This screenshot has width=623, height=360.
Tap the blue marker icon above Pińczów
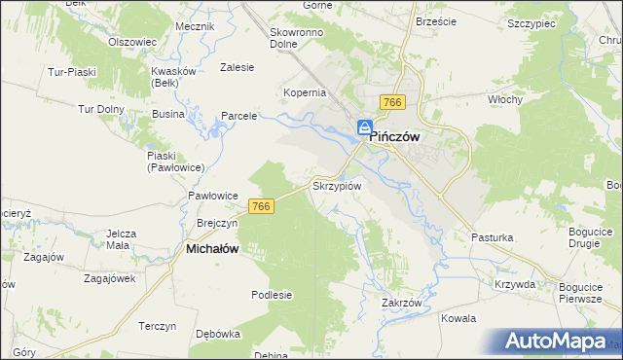[x=363, y=127]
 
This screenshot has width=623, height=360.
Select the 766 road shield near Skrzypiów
[x=260, y=206]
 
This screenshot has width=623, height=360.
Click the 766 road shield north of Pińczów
[x=393, y=103]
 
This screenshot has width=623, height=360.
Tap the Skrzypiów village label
[x=337, y=185]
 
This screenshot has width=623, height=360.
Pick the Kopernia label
[x=304, y=92]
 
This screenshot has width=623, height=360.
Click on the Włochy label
[x=506, y=99]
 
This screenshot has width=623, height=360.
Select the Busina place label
[x=168, y=114]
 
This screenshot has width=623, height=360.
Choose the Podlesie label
[x=272, y=295]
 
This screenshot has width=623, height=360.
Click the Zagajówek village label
[x=109, y=278]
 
